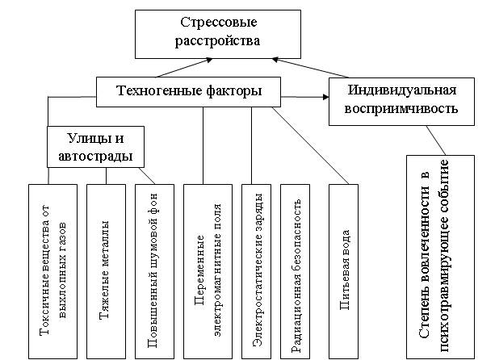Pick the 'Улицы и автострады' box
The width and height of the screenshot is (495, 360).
point(96,145)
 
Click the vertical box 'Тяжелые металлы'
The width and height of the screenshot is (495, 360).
point(105,271)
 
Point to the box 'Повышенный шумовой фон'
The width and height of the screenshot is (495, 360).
point(153,271)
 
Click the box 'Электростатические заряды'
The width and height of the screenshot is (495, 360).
point(258,271)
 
